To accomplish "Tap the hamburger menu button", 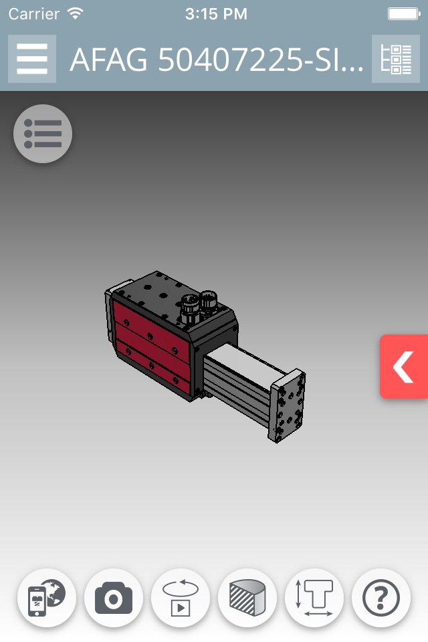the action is (32, 59).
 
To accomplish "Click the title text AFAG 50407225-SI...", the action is (216, 60).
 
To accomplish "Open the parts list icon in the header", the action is (396, 59).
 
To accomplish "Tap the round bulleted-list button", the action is (43, 134).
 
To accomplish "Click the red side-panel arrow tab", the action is (404, 366).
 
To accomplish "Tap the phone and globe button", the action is (47, 598).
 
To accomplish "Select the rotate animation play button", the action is (181, 598).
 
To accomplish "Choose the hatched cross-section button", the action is (247, 598).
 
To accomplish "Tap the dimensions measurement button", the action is (314, 598).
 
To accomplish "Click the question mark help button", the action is (381, 598).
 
